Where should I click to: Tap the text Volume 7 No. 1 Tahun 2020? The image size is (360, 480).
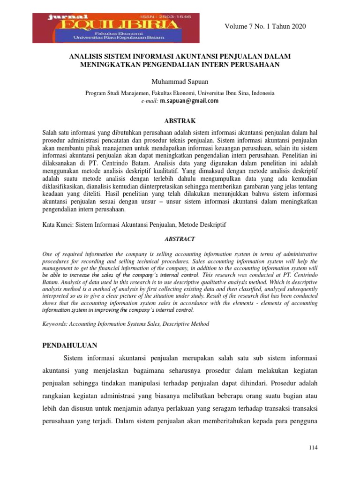click(x=265, y=26)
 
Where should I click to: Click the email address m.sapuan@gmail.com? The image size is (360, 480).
click(x=189, y=101)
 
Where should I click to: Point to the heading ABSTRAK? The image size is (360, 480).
click(x=180, y=120)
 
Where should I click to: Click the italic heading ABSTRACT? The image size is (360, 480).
click(x=180, y=239)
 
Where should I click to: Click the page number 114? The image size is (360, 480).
click(x=314, y=448)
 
